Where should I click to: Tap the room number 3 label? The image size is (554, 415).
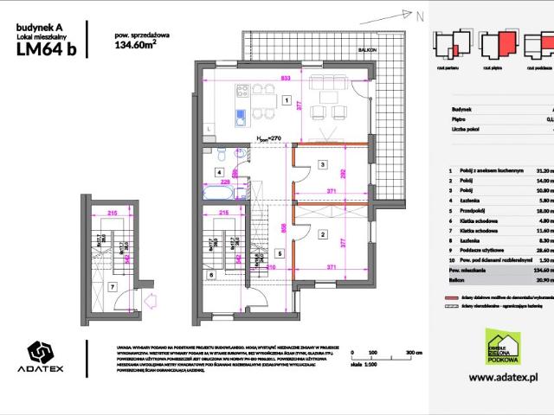pos(322,163)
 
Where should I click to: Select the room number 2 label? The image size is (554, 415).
pos(322,234)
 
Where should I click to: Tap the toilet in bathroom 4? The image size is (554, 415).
pos(222,154)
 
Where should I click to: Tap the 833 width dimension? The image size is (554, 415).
pos(286,78)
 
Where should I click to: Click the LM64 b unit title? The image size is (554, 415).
pos(47,49)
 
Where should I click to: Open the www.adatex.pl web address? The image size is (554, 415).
pos(504,378)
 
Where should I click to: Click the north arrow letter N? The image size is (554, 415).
pos(420,16)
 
